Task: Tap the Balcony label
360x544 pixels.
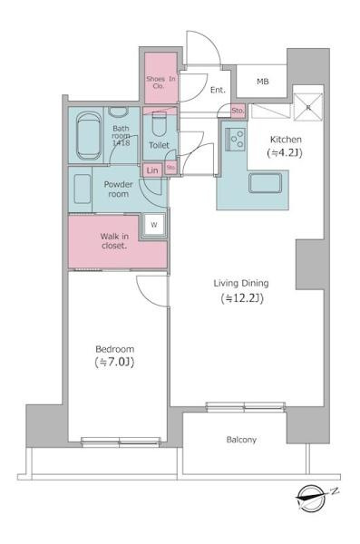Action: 241,440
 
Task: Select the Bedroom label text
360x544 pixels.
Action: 114,349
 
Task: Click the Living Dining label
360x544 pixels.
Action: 241,284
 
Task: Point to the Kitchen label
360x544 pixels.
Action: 286,140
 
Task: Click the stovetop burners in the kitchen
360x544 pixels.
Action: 236,139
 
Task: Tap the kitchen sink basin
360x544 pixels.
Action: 265,183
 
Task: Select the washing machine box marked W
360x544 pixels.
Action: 154,225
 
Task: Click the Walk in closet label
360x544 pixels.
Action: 114,241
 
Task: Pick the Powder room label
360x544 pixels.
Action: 119,189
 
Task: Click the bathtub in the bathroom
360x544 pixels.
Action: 89,135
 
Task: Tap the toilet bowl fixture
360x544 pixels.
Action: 160,123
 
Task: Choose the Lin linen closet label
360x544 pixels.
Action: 152,170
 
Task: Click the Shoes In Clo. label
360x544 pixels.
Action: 161,83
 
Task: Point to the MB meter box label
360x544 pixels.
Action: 263,82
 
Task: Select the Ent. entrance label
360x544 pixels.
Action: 218,90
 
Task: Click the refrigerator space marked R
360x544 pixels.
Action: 307,107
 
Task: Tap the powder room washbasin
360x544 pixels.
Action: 83,189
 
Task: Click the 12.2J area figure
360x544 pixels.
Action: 242,298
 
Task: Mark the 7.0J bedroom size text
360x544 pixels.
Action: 114,363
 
